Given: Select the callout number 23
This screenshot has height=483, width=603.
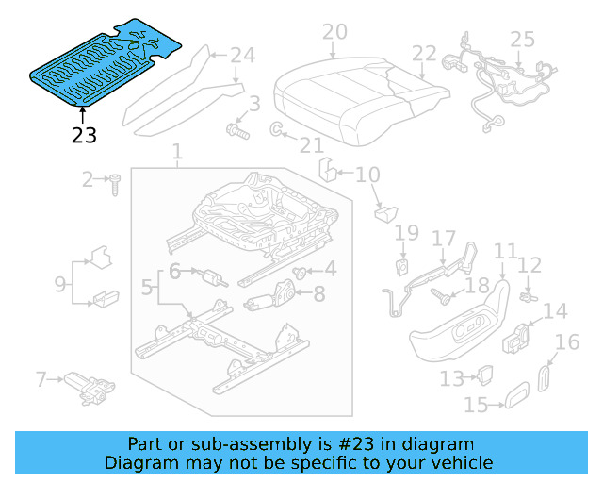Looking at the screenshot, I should click(84, 135).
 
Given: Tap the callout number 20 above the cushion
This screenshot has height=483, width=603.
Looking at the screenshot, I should click(334, 33).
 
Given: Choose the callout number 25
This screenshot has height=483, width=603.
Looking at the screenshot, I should click(521, 40).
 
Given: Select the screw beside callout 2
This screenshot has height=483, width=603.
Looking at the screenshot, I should click(115, 183).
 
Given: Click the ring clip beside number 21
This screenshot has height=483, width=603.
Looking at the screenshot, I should click(277, 128).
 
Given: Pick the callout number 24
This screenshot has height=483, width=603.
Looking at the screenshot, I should click(242, 55).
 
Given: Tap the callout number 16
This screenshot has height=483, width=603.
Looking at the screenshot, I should click(567, 342).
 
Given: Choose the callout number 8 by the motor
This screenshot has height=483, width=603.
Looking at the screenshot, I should click(318, 294).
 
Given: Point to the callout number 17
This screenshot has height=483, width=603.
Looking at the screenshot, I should click(443, 241).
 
